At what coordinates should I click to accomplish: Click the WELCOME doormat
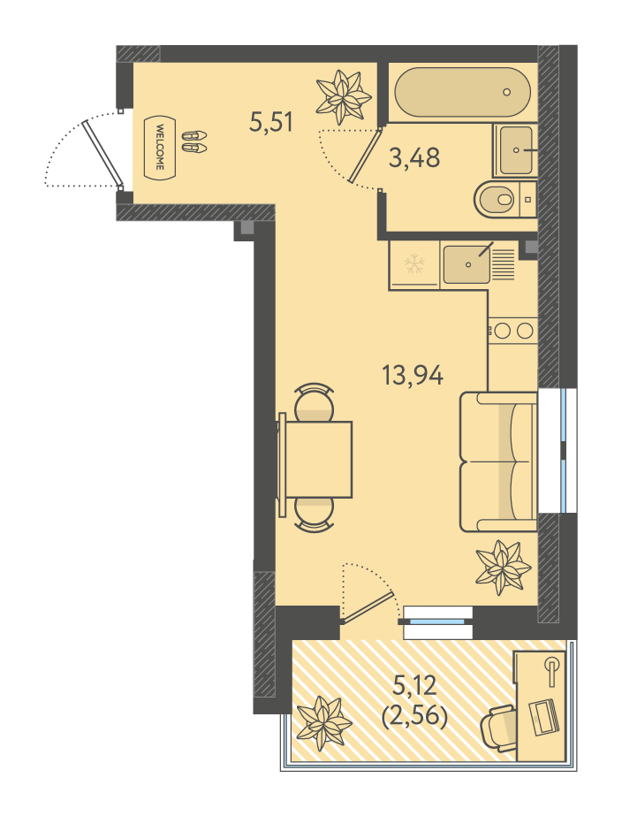click(160, 148)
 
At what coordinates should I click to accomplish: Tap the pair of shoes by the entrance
click(194, 141)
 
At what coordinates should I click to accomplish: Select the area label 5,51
click(271, 122)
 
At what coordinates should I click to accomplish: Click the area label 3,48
click(414, 157)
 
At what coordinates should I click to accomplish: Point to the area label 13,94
click(413, 375)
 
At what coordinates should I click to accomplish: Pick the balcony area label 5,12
click(414, 687)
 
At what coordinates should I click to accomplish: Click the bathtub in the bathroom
click(462, 92)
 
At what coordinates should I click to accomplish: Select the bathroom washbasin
click(515, 150)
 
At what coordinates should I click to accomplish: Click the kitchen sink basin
click(466, 265)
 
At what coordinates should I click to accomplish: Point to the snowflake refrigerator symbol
click(414, 263)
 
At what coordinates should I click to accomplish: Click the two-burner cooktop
click(512, 331)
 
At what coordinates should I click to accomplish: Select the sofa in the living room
click(498, 461)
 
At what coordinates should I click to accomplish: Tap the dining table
click(315, 460)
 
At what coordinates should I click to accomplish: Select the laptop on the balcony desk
click(543, 718)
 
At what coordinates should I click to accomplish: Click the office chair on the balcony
click(498, 728)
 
